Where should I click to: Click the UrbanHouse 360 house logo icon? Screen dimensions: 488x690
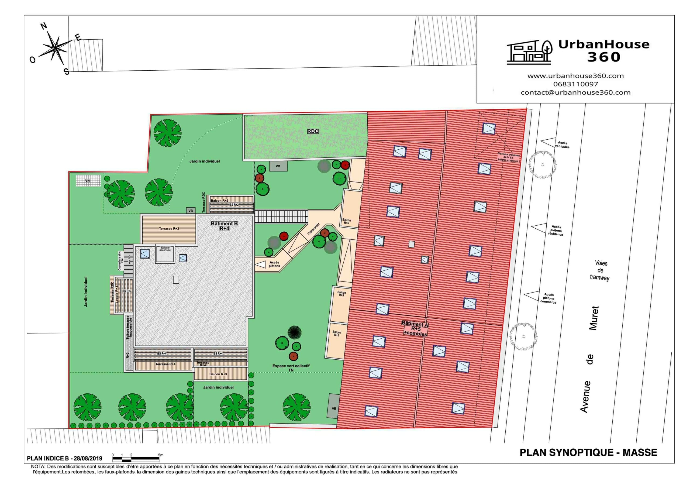529,52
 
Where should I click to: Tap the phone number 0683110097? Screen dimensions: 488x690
575,84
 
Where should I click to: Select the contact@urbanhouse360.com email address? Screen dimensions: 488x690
575,92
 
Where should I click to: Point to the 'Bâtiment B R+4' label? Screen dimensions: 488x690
224,226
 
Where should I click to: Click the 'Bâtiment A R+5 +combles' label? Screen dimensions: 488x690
415,329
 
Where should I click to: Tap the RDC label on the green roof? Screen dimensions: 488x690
313,131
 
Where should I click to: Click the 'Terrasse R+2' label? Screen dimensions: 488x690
169,229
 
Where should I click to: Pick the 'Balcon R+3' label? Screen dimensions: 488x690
218,374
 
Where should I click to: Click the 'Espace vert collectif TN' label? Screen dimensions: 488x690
291,368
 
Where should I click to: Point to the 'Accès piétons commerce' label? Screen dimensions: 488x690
548,298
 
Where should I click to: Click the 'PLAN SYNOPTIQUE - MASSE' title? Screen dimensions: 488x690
588,452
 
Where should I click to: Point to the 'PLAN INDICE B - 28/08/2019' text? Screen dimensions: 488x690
65,459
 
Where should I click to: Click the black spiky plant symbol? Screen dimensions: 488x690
294,332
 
